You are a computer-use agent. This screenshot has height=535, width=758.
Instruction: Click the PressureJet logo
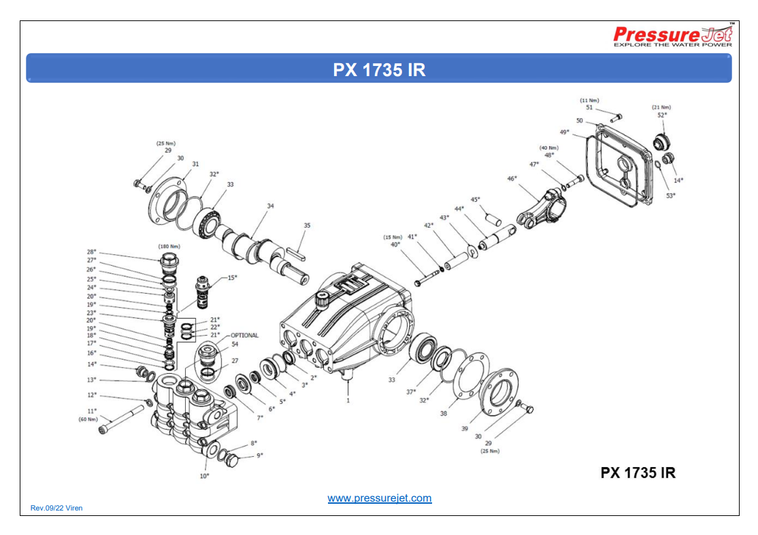672,36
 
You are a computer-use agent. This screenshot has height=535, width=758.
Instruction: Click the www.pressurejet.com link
379,498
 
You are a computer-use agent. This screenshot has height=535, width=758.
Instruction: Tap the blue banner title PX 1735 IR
379,69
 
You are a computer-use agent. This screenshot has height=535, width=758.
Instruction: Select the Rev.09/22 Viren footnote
56,508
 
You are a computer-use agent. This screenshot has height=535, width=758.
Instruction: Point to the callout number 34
270,205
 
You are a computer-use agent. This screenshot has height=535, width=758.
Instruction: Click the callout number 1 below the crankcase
348,401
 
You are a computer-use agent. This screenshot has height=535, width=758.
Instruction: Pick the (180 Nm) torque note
169,245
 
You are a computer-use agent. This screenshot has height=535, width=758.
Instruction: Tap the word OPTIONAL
244,335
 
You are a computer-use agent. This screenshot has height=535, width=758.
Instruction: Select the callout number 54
235,344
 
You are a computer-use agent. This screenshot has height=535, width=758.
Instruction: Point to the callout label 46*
512,178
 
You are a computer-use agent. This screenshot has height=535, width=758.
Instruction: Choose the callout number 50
580,120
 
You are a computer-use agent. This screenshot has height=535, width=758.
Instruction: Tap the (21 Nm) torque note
661,107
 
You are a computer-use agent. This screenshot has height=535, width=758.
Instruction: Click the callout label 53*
670,196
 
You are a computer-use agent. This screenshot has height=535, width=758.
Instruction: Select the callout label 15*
232,277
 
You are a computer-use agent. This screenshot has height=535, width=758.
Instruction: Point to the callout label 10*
204,476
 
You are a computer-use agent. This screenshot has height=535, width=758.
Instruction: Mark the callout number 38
443,413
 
